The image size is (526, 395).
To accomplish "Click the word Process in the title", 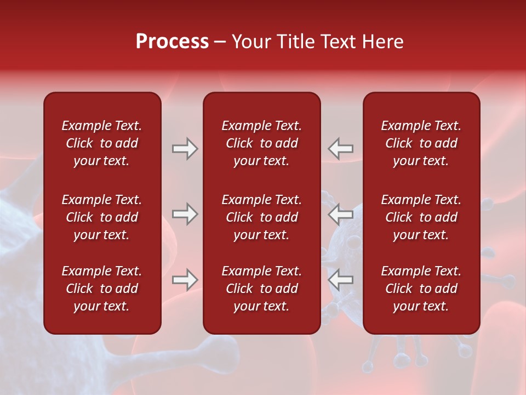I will (172, 42).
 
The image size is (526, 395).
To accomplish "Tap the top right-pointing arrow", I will (185, 149).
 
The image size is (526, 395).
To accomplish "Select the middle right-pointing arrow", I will (185, 214).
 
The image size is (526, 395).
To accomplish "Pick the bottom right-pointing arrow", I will (185, 280).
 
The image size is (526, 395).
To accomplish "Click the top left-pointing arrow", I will (341, 149).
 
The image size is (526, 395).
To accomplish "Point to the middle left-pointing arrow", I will (341, 214).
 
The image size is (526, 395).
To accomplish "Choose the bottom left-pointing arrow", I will (341, 280).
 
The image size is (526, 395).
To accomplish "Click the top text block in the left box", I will (102, 143).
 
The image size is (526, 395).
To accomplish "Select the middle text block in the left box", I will (102, 217).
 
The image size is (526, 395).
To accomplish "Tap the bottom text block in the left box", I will (102, 289).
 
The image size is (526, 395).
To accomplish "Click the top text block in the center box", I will (262, 143).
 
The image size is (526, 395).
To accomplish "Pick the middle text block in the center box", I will (262, 217).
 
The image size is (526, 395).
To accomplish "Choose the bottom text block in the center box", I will (262, 289).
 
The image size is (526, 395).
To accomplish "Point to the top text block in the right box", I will (421, 143).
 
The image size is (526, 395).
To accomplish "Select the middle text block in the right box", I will (421, 217).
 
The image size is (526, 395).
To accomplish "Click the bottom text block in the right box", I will (421, 289).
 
